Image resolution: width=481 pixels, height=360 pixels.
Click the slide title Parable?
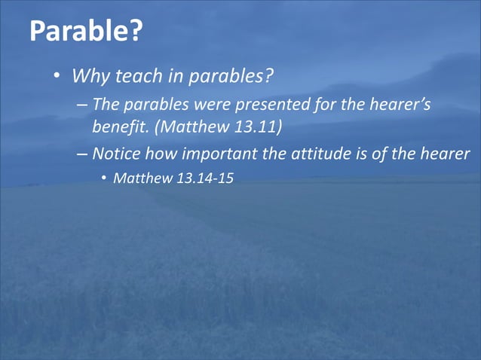(86, 32)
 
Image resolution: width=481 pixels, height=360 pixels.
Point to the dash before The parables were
(81, 104)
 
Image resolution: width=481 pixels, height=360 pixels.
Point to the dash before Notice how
(81, 154)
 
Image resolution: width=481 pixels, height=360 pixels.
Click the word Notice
(117, 154)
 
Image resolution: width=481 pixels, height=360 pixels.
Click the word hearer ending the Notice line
(443, 154)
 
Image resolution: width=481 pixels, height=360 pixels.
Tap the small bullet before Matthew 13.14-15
(104, 182)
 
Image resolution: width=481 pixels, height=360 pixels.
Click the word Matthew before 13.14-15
(139, 181)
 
